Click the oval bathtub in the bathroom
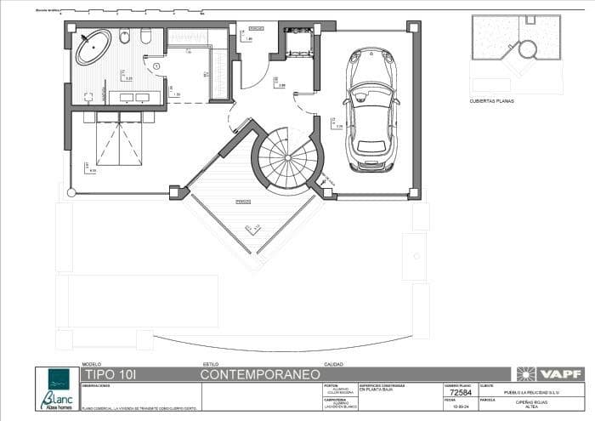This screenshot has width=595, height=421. (x=93, y=48)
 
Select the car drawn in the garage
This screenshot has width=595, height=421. (x=371, y=110)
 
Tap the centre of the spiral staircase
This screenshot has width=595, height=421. (x=287, y=159)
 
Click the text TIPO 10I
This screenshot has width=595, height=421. (x=109, y=374)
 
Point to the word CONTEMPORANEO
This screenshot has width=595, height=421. (x=260, y=374)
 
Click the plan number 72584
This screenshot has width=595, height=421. (x=460, y=393)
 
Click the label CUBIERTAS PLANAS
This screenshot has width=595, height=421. (x=491, y=101)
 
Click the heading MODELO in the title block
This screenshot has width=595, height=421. (x=90, y=364)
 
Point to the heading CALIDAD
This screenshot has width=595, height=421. (x=332, y=364)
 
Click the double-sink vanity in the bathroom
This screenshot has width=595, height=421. (x=129, y=97)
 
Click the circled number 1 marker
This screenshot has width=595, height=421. (x=156, y=66)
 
